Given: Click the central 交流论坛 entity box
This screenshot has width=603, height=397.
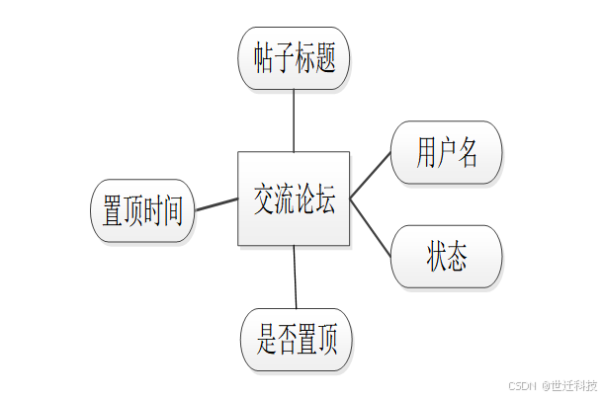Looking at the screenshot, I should tap(294, 198).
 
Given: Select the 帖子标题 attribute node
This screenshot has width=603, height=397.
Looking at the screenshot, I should tap(294, 58).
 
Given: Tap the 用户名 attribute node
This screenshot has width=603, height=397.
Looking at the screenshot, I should tap(447, 153).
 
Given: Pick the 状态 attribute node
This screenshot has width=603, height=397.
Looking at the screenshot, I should tap(447, 257).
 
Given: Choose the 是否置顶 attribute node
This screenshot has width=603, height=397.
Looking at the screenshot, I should tap(297, 341).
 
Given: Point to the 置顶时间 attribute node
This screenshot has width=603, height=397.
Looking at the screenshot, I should tap(143, 210).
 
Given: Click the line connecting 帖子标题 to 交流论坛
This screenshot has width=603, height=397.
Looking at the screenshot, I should tap(294, 120).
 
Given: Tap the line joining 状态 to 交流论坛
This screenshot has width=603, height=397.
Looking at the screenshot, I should tap(371, 224).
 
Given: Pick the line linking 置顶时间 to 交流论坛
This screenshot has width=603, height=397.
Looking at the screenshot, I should tap(216, 204).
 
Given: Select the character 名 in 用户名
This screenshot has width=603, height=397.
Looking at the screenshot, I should tap(468, 153).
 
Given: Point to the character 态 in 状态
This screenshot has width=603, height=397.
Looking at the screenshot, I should tap(457, 257).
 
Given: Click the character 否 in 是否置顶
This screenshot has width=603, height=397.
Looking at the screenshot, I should tap(287, 341).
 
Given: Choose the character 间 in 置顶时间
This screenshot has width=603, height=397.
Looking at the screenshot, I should tap(173, 210).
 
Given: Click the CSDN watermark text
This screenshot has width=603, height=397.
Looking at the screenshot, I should tap(521, 385).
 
